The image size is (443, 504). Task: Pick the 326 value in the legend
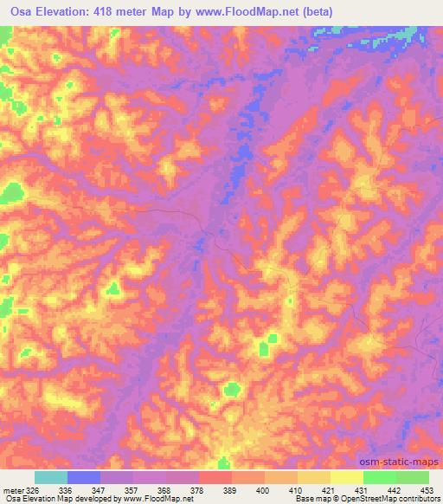point(29,489)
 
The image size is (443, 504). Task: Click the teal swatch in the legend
point(50,477)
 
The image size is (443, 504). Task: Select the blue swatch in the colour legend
point(84,477)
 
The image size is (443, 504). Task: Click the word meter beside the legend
point(10,489)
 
